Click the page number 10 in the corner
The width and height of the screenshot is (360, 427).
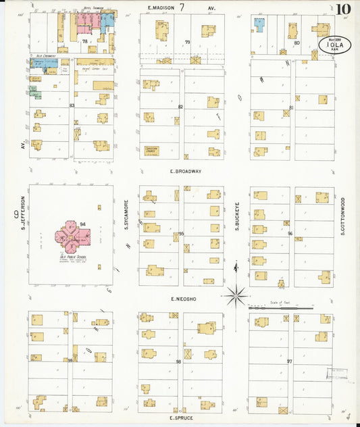[342, 9]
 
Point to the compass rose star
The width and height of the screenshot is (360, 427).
[236, 295]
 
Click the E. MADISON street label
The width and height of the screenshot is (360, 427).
[162, 7]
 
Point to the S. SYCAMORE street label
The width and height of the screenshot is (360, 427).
[126, 215]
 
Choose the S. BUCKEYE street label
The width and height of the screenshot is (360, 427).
[237, 216]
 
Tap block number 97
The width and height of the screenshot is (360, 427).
[289, 361]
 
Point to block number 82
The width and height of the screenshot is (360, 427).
[180, 107]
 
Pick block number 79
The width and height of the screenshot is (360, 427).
[188, 43]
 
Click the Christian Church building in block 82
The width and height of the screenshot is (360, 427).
[153, 150]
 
